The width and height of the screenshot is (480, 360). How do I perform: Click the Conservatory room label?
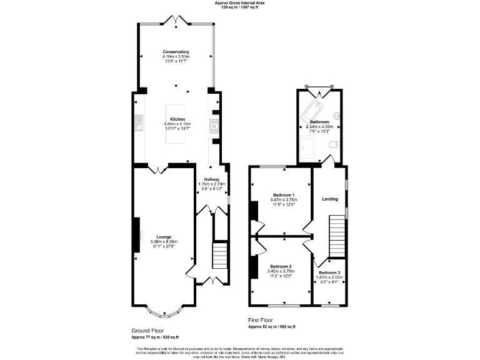176,52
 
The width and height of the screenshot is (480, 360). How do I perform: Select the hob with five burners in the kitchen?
214,126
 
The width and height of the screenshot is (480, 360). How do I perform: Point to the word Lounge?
164,237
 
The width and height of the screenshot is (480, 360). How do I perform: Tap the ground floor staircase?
221,254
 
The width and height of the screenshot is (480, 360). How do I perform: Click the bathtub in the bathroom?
311,112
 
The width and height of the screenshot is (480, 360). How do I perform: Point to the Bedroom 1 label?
283,195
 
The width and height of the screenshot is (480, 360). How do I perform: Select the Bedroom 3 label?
329,272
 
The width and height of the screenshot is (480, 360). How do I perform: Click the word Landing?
329,199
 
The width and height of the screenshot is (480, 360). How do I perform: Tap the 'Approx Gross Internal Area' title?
240,3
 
